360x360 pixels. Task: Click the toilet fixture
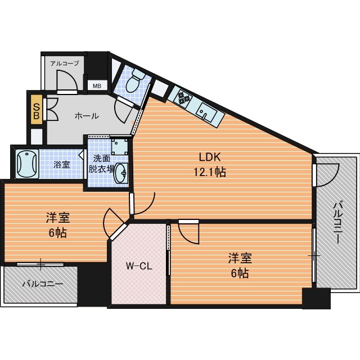(135, 81)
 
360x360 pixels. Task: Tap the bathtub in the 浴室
(27, 164)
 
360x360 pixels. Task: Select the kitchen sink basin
(206, 112)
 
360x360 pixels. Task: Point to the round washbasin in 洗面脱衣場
(121, 173)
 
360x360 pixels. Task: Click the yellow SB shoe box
(37, 110)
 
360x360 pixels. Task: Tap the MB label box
(97, 86)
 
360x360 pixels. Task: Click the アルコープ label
(65, 64)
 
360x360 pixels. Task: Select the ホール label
(87, 116)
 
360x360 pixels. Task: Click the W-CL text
(139, 266)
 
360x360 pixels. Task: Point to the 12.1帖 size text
(210, 172)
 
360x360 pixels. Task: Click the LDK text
(210, 157)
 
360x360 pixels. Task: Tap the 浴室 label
(61, 164)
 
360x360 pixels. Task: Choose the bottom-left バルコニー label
(43, 284)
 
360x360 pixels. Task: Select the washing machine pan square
(119, 146)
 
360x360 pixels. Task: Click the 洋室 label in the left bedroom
(58, 218)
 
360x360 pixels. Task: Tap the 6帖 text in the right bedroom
(240, 273)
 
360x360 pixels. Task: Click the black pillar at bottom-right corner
(316, 298)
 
